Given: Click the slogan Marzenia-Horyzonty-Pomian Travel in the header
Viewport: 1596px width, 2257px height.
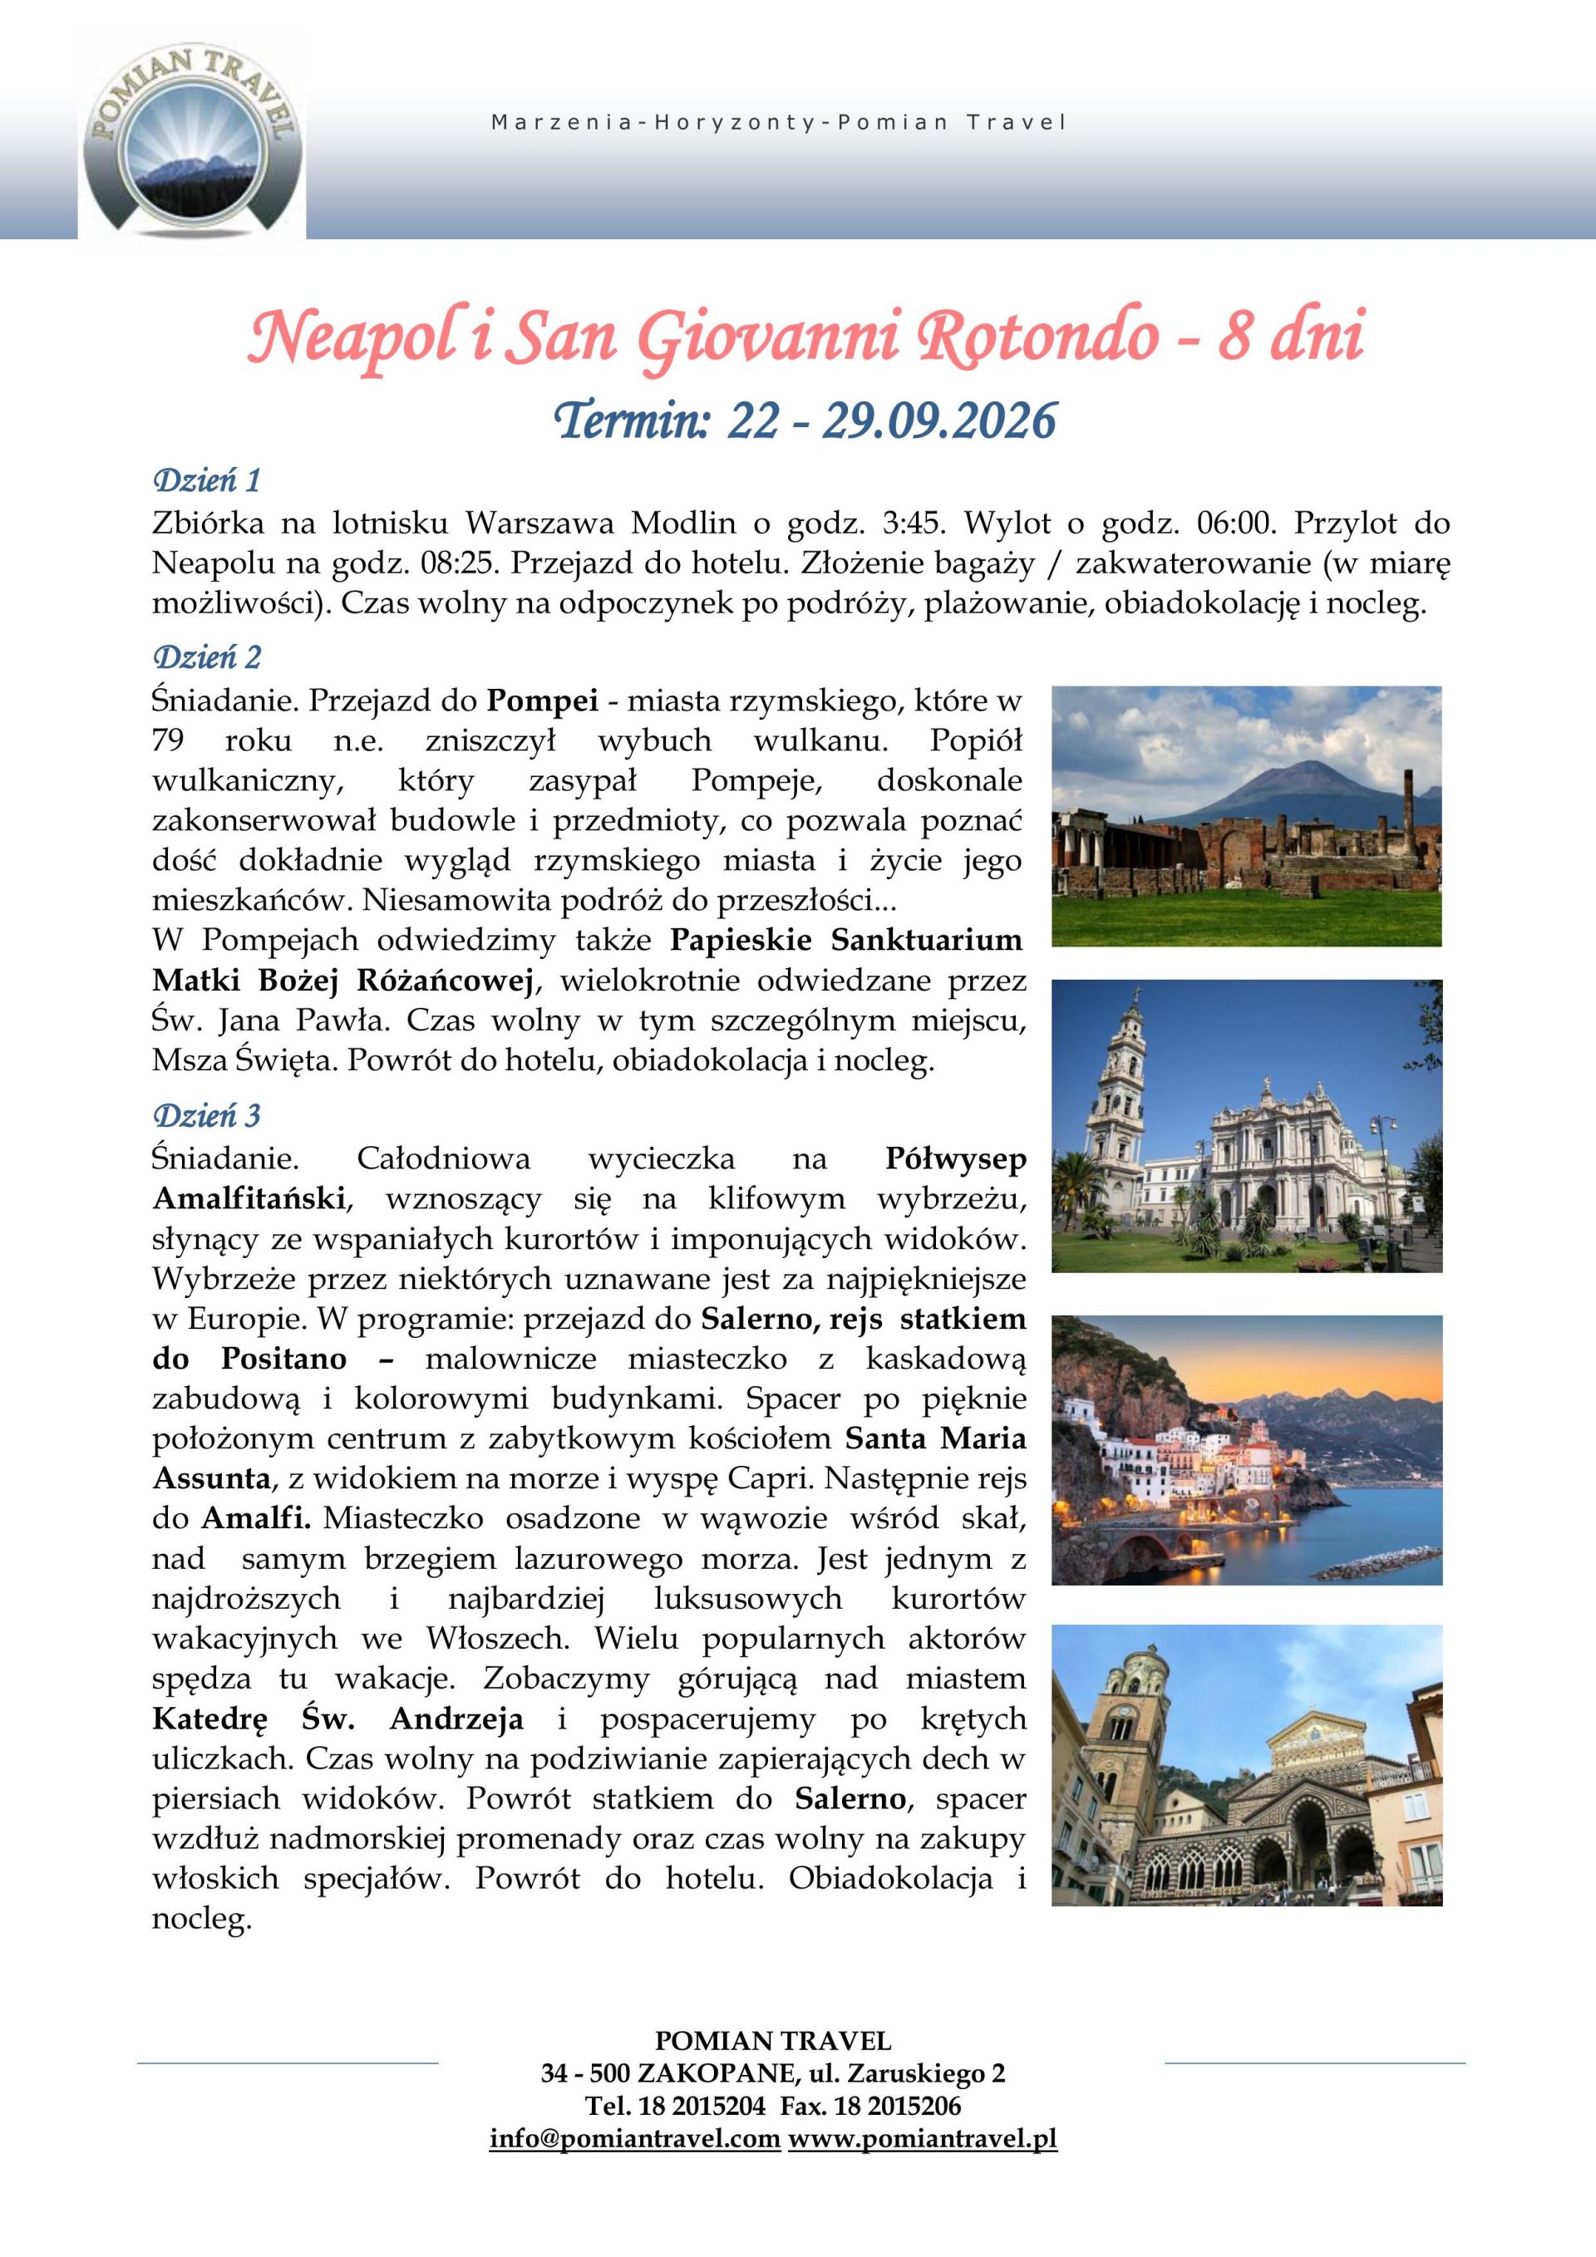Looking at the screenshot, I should pyautogui.click(x=778, y=124).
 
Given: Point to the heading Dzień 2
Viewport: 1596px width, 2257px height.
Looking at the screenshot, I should pyautogui.click(x=205, y=656).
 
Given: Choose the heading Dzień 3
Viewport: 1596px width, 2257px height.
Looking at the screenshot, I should pyautogui.click(x=205, y=1116).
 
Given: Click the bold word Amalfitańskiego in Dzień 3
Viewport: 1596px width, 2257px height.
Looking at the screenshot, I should pyautogui.click(x=248, y=1199).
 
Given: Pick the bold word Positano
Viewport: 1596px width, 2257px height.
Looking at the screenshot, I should pyautogui.click(x=283, y=1359).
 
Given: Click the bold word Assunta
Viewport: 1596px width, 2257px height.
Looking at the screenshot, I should pyautogui.click(x=210, y=1478).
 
